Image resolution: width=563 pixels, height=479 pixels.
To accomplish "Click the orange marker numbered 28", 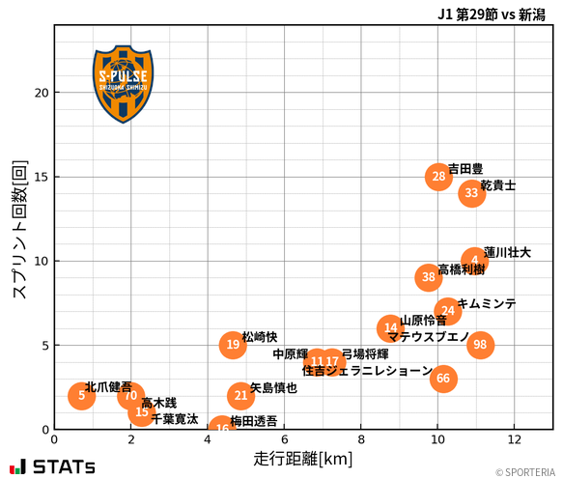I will pyautogui.click(x=439, y=176).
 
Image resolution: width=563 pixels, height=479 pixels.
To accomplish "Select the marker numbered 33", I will pyautogui.click(x=471, y=193).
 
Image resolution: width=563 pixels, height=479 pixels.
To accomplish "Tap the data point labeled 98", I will pyautogui.click(x=480, y=345).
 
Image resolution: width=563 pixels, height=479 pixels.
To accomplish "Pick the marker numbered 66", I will pyautogui.click(x=443, y=379).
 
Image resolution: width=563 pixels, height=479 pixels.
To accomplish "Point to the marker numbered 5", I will pyautogui.click(x=82, y=395).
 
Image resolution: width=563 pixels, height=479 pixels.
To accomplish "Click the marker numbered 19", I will pyautogui.click(x=233, y=344).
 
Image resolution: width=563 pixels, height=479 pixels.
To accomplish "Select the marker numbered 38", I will pyautogui.click(x=429, y=277).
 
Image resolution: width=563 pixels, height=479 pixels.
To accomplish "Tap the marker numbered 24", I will pyautogui.click(x=447, y=311).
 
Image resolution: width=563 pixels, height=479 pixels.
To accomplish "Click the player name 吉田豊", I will pyautogui.click(x=465, y=168).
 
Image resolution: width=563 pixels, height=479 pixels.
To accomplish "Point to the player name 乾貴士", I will pyautogui.click(x=498, y=184).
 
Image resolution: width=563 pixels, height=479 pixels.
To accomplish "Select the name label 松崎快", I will pyautogui.click(x=260, y=337).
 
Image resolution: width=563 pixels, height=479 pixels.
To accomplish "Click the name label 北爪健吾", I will pyautogui.click(x=108, y=386).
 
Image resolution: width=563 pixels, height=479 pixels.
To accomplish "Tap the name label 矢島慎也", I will pyautogui.click(x=273, y=388).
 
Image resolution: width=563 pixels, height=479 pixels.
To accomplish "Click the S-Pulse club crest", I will pyautogui.click(x=123, y=83).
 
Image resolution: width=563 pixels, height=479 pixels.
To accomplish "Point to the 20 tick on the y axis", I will pyautogui.click(x=42, y=93).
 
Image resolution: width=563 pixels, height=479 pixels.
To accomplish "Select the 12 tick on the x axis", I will pyautogui.click(x=514, y=439).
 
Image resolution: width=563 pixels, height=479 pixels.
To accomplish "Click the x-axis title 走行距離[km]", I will pyautogui.click(x=303, y=457).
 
